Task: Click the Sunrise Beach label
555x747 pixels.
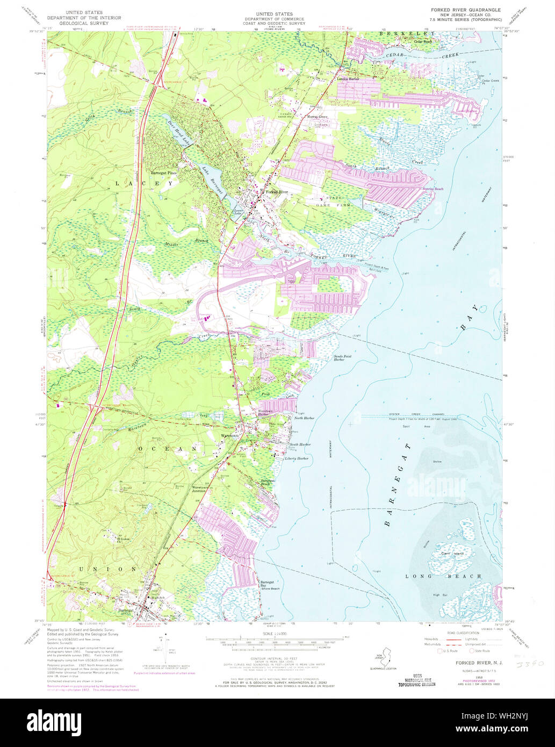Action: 433,189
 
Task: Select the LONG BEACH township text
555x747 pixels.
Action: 443,576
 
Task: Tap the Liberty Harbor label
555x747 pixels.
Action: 299,458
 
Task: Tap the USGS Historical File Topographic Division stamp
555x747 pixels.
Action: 416,680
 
